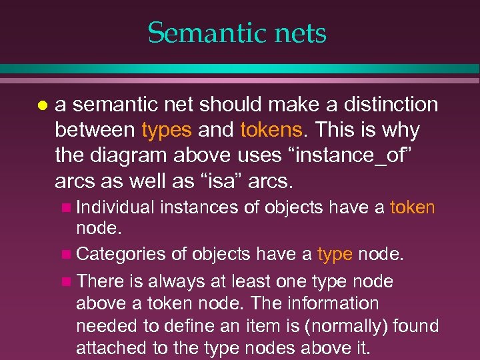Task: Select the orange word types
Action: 167,129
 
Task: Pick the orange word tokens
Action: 271,129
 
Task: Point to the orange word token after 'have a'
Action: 412,207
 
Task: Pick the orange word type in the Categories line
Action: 334,254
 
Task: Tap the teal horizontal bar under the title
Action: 240,69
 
